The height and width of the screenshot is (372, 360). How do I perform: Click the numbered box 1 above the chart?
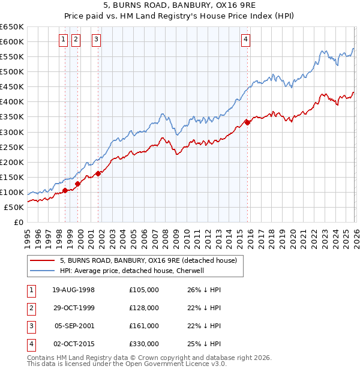[63, 40]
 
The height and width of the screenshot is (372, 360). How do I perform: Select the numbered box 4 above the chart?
[245, 40]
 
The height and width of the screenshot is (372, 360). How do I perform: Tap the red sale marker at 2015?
[247, 122]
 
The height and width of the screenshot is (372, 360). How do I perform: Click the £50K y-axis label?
[14, 207]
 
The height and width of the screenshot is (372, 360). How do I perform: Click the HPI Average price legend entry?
[132, 271]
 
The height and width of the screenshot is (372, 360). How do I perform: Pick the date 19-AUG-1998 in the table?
[73, 290]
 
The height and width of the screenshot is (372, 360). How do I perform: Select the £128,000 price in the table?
[143, 308]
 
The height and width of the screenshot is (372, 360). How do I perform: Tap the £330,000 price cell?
[143, 344]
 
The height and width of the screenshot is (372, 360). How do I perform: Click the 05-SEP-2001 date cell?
[73, 326]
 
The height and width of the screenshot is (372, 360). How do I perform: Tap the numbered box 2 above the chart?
[76, 40]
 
